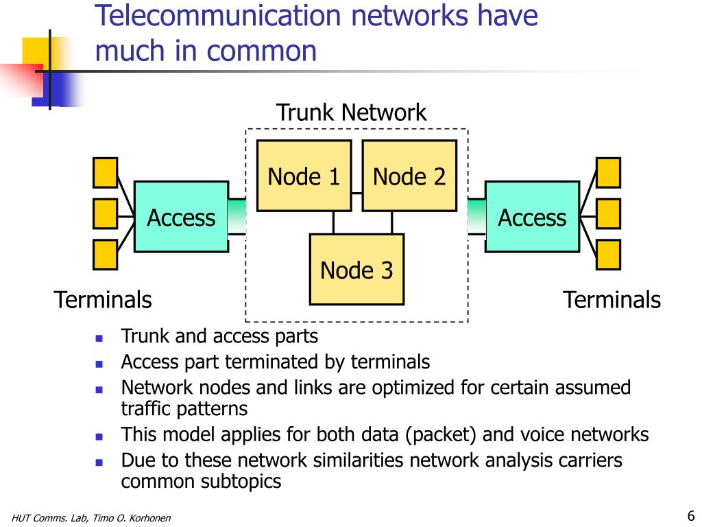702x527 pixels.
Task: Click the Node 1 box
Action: click(304, 176)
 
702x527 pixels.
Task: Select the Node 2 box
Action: click(409, 176)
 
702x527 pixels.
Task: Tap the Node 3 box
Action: click(356, 269)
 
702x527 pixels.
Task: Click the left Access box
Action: click(181, 216)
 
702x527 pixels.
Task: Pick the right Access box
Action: click(532, 216)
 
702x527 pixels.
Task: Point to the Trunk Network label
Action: click(351, 112)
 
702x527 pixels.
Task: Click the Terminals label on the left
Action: click(103, 299)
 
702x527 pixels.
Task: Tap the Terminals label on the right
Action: click(612, 299)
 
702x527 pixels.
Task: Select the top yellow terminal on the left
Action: click(105, 172)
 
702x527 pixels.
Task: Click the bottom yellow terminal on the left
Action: click(105, 255)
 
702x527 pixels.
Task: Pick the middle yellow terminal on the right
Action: click(609, 214)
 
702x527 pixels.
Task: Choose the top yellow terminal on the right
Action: click(609, 172)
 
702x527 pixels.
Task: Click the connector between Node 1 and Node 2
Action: click(356, 194)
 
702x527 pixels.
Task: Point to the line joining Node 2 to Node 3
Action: click(392, 222)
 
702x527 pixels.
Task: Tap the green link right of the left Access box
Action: click(237, 216)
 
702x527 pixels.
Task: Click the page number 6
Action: click(691, 515)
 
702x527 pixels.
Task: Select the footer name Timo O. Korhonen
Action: click(132, 518)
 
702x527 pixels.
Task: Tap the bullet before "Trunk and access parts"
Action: click(99, 338)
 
